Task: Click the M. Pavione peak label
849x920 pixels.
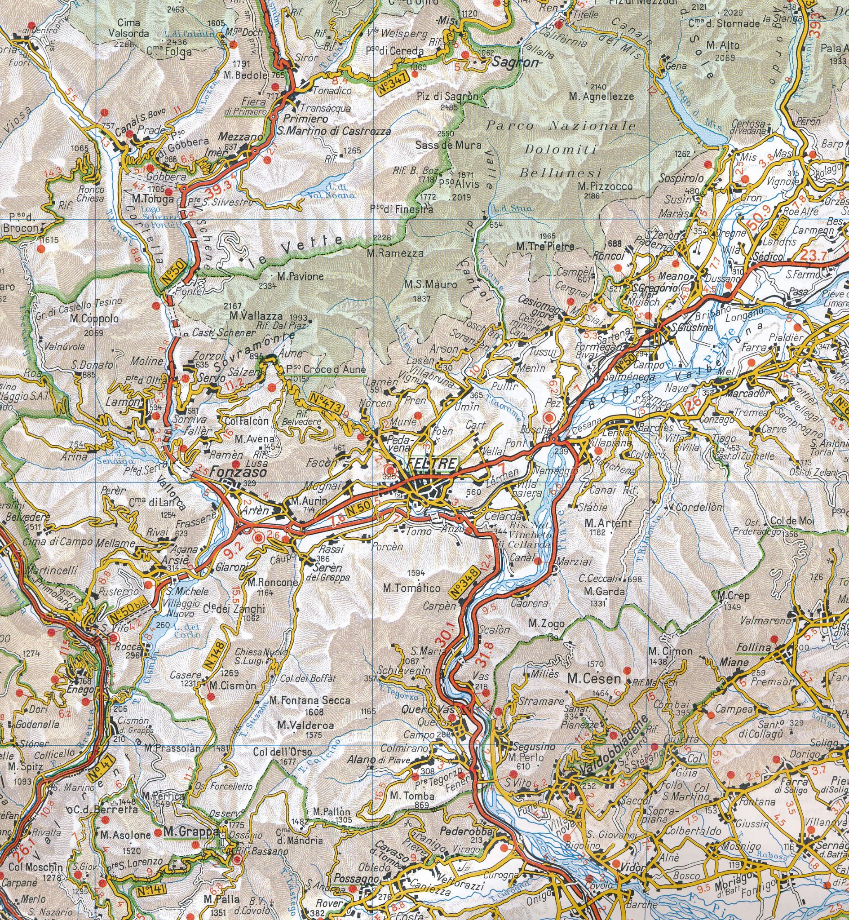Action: point(301,277)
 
